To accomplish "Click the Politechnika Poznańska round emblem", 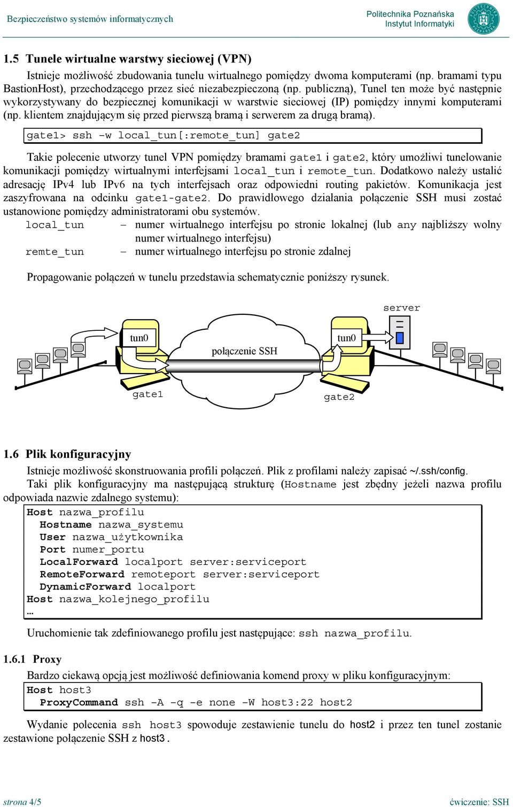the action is point(484,19).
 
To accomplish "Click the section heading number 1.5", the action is point(11,59).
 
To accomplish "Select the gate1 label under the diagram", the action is point(147,394).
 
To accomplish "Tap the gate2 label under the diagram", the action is point(339,397).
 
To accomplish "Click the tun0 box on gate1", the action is point(139,338).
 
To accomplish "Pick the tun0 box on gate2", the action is point(346,338).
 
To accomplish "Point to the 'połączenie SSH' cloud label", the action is point(244,351).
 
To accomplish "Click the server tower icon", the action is point(400,332).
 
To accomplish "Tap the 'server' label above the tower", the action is point(401,308).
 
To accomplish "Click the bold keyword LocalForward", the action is point(79,562).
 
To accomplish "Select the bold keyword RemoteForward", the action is point(82,575).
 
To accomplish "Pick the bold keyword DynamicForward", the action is point(85,587).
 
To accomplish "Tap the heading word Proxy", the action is point(47,659).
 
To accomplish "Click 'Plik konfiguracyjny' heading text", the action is point(78,454).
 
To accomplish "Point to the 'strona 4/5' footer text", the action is point(22,802).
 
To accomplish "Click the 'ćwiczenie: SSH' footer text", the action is point(479,802).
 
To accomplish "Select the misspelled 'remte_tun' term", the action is point(55,252).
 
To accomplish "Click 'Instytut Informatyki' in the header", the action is point(419,24).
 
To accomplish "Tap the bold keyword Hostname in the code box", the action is point(66,525).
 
